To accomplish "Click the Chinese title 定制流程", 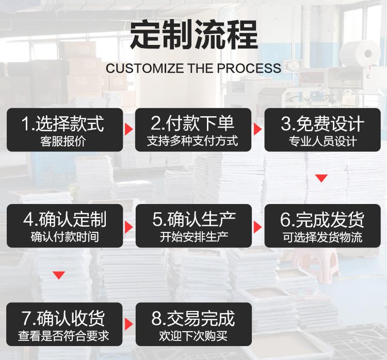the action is (x=194, y=35).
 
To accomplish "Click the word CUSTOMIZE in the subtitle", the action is (x=144, y=68).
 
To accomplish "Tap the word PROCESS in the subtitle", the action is (x=249, y=68).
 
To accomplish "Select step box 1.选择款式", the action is (x=64, y=130).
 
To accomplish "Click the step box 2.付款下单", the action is (x=193, y=130).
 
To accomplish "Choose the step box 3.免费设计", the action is (x=322, y=130).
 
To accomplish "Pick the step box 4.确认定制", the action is (x=64, y=226).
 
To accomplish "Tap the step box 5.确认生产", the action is (x=193, y=226).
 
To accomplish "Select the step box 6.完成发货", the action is (x=322, y=226).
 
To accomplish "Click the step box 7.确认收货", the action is (x=64, y=324).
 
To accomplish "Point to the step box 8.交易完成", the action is (x=193, y=324).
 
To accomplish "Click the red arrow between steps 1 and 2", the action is (x=128, y=129).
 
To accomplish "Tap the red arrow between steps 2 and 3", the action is (x=257, y=129).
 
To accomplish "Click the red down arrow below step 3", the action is (x=321, y=178).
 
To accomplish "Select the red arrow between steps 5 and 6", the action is (x=257, y=227).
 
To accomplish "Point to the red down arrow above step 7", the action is (x=59, y=275).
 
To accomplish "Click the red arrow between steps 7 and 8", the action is (x=128, y=324).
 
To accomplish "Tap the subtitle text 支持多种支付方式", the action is (x=192, y=141).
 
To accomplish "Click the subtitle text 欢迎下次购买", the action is (x=193, y=336).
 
